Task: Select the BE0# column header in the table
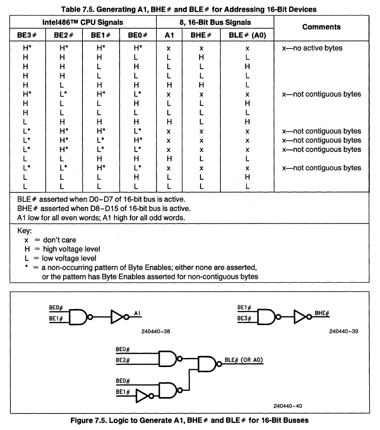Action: tap(137, 35)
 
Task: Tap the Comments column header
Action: tap(322, 27)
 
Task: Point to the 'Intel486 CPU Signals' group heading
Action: tap(83, 22)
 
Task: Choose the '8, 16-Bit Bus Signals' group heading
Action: tap(215, 22)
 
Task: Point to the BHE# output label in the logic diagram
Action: tap(322, 312)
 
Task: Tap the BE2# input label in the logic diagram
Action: tap(122, 360)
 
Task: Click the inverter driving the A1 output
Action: tap(118, 317)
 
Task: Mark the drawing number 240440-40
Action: tap(289, 406)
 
